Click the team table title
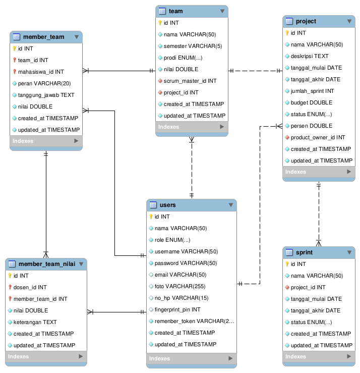(175, 11)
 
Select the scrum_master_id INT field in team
(190, 81)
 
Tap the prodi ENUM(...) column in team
(183, 58)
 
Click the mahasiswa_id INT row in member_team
(41, 72)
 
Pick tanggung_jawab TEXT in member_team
(46, 95)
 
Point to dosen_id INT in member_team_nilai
(30, 287)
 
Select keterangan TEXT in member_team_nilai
(35, 322)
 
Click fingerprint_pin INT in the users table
(177, 309)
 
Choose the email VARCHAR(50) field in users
(181, 275)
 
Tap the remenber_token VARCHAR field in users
(195, 321)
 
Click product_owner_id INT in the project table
(318, 137)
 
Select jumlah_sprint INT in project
(312, 91)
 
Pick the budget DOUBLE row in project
(311, 102)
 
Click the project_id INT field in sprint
(308, 287)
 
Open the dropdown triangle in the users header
(231, 205)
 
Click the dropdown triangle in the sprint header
(349, 252)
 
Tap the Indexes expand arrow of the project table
(349, 172)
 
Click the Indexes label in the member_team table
(23, 141)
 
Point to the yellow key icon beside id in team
(160, 23)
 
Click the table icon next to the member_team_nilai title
(12, 264)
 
